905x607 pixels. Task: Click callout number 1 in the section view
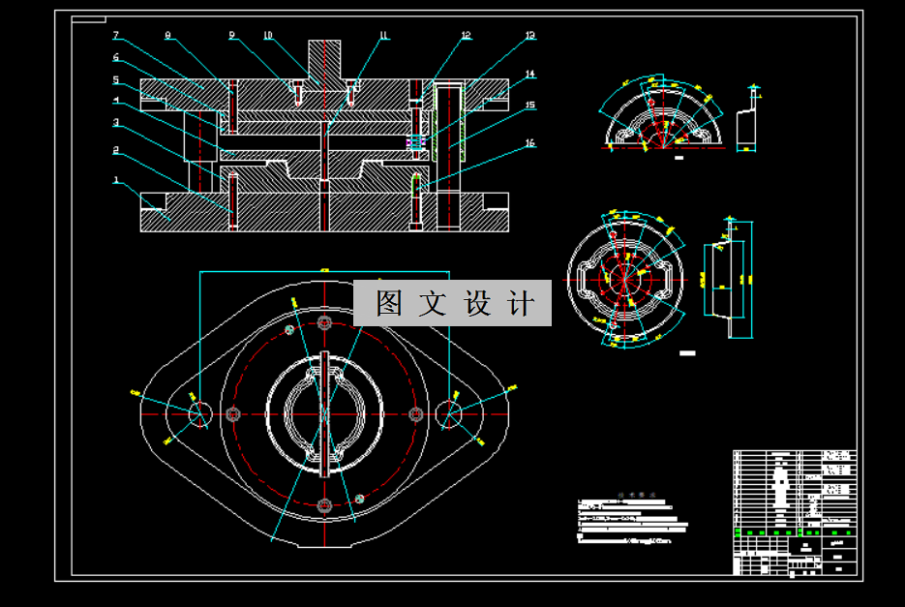[x=116, y=179]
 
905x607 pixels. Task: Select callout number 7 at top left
[x=116, y=36]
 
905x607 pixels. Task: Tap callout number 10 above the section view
[x=268, y=36]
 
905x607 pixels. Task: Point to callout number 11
[x=383, y=36]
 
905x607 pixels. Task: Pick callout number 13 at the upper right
[x=529, y=36]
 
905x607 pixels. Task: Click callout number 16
[x=529, y=143]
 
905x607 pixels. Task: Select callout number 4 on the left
[x=116, y=100]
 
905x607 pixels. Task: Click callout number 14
[x=529, y=74]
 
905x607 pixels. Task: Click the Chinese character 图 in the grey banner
[x=388, y=303]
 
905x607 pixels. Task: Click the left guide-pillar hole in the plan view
[x=200, y=413]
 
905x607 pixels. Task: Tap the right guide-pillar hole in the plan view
[x=451, y=413]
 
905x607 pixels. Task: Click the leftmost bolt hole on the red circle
[x=232, y=413]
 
